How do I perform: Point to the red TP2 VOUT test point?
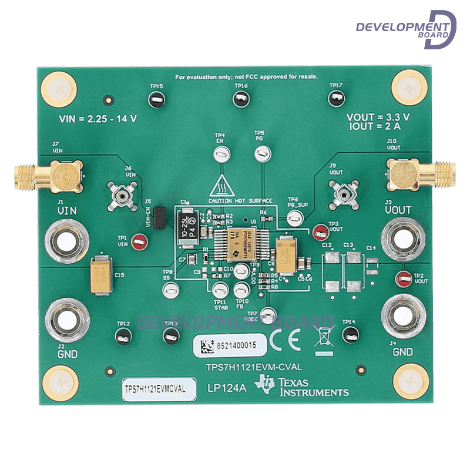[x=403, y=279]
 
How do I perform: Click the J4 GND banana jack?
[x=404, y=317]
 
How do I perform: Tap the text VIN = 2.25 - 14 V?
[x=98, y=119]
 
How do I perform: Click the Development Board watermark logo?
[x=406, y=29]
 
